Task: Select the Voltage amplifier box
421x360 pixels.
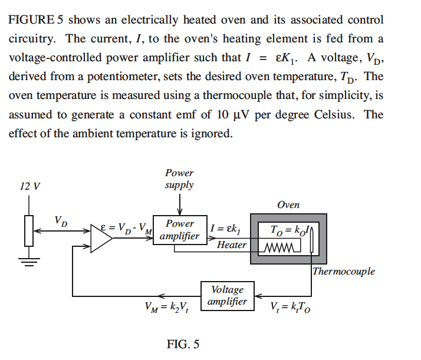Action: pyautogui.click(x=227, y=296)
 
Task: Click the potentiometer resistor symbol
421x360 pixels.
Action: pyautogui.click(x=29, y=230)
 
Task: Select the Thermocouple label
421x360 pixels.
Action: pyautogui.click(x=343, y=272)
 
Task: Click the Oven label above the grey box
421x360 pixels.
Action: pyautogui.click(x=288, y=205)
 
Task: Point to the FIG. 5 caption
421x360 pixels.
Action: pyautogui.click(x=183, y=344)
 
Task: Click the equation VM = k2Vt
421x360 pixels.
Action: pyautogui.click(x=166, y=306)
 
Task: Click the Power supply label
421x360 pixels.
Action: pyautogui.click(x=179, y=179)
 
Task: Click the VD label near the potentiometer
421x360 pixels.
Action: pyautogui.click(x=61, y=222)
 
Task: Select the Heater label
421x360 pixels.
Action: pyautogui.click(x=232, y=245)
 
